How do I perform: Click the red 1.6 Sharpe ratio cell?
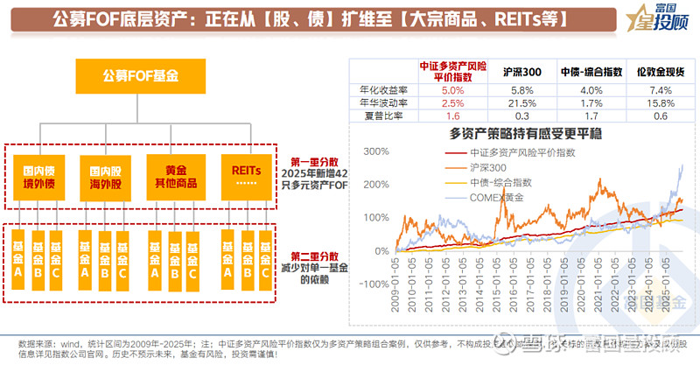click(452, 116)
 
